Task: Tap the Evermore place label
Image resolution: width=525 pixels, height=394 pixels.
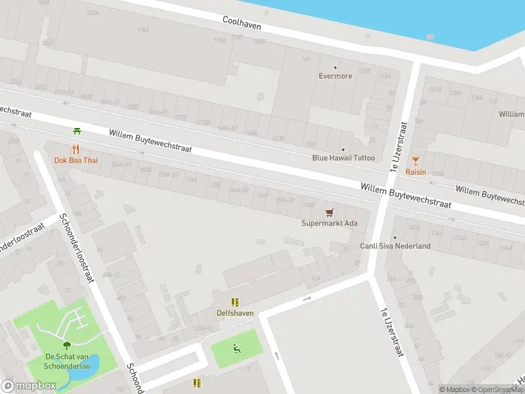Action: click(x=335, y=76)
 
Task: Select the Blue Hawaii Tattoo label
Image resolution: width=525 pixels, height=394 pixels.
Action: click(x=343, y=158)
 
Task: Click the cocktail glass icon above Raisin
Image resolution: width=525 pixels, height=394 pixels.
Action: click(x=415, y=160)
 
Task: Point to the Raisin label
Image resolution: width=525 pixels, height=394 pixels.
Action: click(x=415, y=172)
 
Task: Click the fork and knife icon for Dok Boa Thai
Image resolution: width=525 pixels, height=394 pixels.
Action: click(x=76, y=149)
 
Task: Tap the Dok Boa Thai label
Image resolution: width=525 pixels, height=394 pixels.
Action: click(x=75, y=160)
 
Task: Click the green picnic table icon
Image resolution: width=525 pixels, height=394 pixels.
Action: click(x=77, y=131)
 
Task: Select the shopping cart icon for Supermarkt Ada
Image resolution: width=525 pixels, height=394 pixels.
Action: click(x=329, y=212)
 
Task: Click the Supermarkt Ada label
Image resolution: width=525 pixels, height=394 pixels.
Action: click(x=329, y=223)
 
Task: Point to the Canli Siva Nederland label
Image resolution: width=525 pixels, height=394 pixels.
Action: click(x=395, y=246)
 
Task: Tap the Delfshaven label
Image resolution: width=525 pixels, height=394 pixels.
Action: click(x=235, y=313)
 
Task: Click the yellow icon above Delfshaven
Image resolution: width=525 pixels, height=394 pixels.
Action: click(x=235, y=302)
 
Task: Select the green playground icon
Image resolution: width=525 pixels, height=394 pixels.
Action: click(x=236, y=347)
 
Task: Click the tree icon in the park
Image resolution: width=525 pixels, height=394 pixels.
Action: click(x=66, y=345)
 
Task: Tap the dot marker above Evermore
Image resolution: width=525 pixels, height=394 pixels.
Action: click(x=335, y=67)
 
